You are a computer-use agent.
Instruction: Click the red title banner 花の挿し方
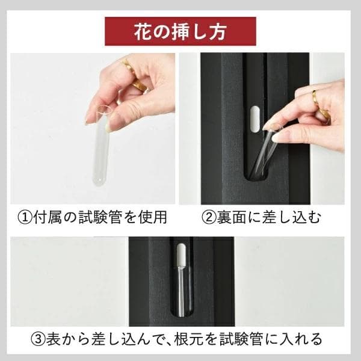pos(180,31)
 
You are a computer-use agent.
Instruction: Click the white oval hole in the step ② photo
pos(255,118)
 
